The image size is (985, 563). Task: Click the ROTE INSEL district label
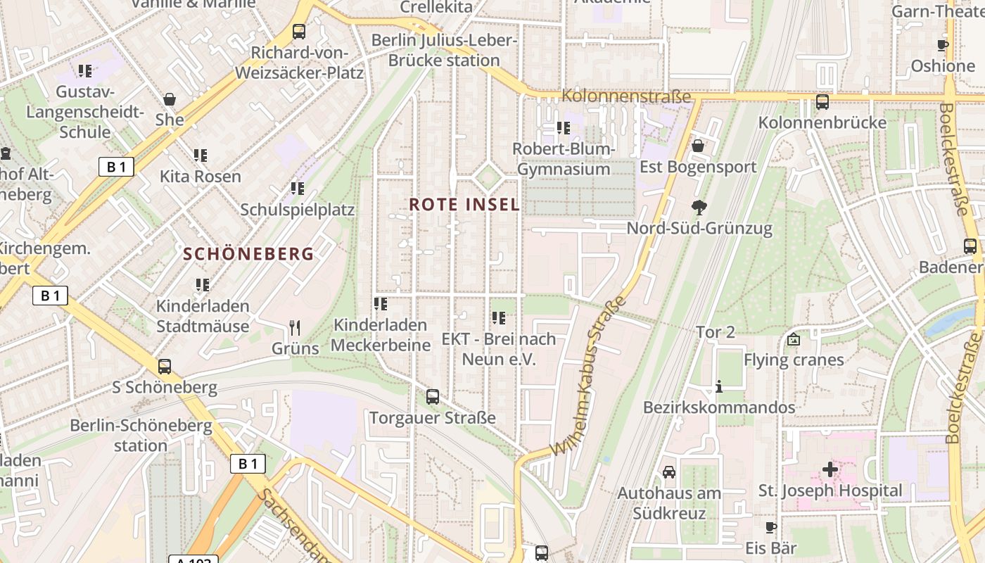pos(464,205)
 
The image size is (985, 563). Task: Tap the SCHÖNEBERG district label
pos(248,254)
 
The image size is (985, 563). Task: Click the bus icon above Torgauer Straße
pos(433,396)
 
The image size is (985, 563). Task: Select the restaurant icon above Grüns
pos(295,327)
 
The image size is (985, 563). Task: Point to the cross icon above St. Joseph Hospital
pos(830,469)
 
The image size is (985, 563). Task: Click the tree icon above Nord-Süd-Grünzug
pos(699,207)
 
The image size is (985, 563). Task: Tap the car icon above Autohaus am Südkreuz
pos(668,472)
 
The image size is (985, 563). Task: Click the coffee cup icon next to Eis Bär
pos(771,527)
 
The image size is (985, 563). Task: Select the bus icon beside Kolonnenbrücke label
pos(822,102)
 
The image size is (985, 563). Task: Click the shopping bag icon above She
pos(170,99)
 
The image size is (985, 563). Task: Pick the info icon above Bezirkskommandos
pos(719,386)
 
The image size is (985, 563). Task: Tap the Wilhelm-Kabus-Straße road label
pos(588,377)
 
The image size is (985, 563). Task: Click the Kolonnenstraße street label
pos(626,96)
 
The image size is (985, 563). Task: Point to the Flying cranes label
pos(794,360)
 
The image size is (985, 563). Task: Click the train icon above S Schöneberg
pos(165,367)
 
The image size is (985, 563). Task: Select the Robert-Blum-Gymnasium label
pos(564,159)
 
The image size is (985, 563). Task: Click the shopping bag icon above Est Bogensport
pos(698,146)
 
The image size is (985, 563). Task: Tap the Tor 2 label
pos(716,332)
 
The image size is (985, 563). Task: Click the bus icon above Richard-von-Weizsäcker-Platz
pos(299,32)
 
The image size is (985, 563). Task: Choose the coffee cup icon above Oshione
pos(943,46)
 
